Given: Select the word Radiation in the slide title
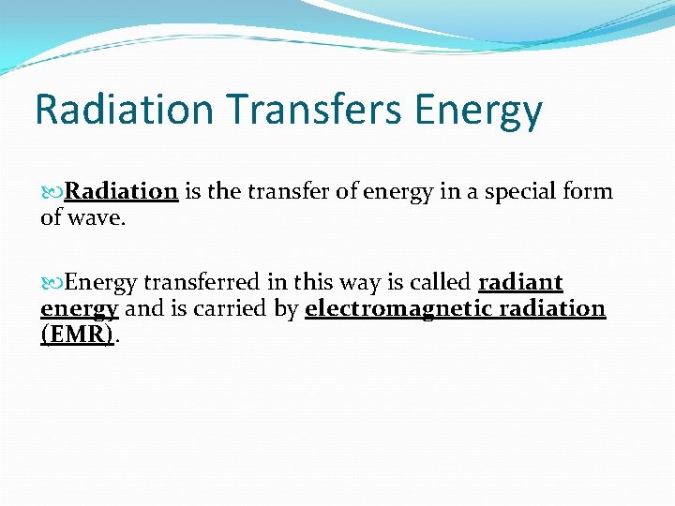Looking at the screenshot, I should (124, 111).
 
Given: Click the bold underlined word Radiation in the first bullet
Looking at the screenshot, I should (121, 192).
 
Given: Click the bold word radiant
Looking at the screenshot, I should (520, 283).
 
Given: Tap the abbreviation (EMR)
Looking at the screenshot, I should (78, 335).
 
